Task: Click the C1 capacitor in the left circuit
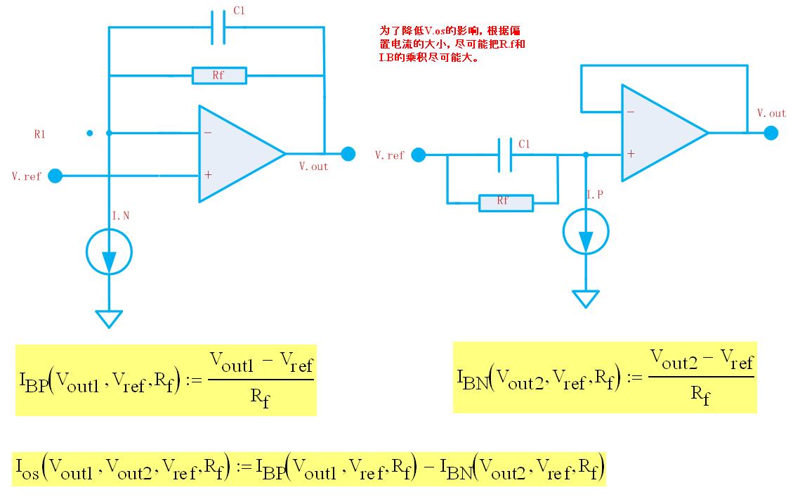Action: (x=218, y=27)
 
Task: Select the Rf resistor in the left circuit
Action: (x=219, y=75)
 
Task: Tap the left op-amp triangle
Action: (x=242, y=153)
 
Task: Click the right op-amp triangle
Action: (x=664, y=133)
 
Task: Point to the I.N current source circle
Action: (x=109, y=252)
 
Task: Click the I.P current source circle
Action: (x=586, y=231)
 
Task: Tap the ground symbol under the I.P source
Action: (x=586, y=299)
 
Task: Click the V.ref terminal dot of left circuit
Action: (x=55, y=176)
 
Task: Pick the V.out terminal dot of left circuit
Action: (x=348, y=154)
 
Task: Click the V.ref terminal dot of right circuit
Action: (x=418, y=155)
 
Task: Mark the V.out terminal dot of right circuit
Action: (x=771, y=133)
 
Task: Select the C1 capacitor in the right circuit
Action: (x=505, y=155)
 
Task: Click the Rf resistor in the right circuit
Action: (x=506, y=203)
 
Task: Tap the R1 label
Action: (x=39, y=134)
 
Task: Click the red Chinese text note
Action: (x=452, y=44)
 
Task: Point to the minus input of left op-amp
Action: (x=208, y=133)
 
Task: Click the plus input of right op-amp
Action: (x=631, y=153)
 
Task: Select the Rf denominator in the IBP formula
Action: (x=260, y=397)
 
